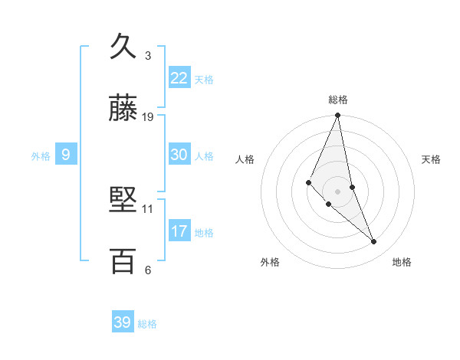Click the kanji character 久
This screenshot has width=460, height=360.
click(123, 47)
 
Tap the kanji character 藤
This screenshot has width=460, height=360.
click(123, 109)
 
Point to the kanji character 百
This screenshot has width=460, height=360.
click(123, 261)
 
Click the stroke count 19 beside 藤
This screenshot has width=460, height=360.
click(148, 117)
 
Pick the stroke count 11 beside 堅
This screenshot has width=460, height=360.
click(148, 208)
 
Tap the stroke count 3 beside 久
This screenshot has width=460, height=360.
click(148, 56)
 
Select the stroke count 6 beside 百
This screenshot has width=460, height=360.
click(148, 270)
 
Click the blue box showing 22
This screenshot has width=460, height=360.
click(179, 78)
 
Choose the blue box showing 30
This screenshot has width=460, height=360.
click(179, 155)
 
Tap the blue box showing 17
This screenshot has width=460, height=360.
click(179, 231)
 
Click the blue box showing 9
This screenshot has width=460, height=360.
click(66, 155)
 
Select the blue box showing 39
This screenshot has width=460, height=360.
click(122, 322)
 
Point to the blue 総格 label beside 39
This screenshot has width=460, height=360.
click(147, 324)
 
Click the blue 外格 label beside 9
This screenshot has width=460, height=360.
click(41, 156)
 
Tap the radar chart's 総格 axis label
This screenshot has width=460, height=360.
click(338, 100)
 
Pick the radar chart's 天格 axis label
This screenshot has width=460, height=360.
click(432, 159)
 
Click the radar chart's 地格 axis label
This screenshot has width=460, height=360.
click(402, 262)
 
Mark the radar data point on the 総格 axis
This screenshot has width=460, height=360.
click(338, 116)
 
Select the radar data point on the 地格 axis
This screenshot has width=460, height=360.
click(374, 242)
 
